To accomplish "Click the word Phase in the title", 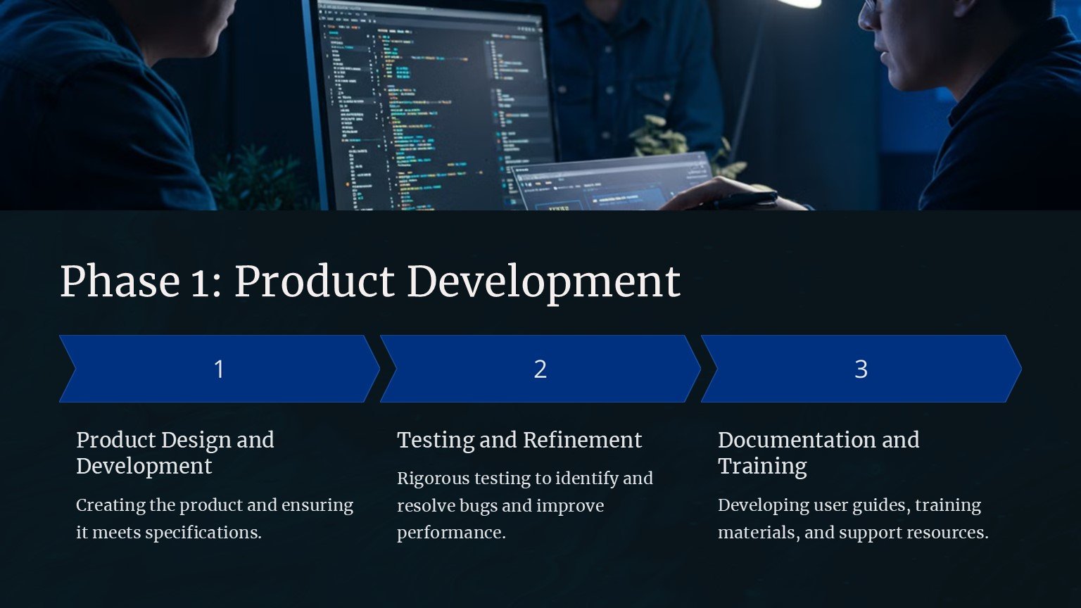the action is pyautogui.click(x=120, y=281).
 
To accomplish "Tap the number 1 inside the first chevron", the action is pyautogui.click(x=219, y=369).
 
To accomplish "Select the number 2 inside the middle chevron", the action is pyautogui.click(x=540, y=369).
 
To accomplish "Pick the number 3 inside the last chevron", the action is pyautogui.click(x=861, y=369).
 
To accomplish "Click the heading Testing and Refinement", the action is pyautogui.click(x=519, y=441).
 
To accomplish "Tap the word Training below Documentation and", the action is pyautogui.click(x=762, y=467).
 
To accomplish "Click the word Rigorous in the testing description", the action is pyautogui.click(x=433, y=479).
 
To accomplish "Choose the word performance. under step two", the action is pyautogui.click(x=451, y=533).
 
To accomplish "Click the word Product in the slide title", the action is pyautogui.click(x=314, y=281).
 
